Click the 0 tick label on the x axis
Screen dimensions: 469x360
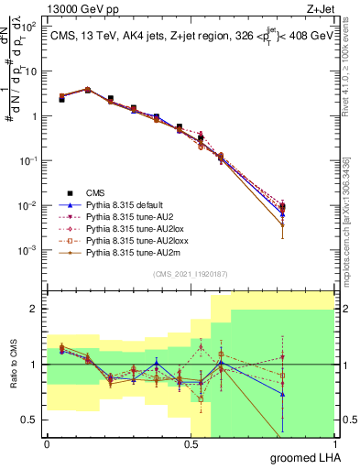pyautogui.click(x=47, y=443)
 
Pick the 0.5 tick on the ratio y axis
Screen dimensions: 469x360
pyautogui.click(x=29, y=420)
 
